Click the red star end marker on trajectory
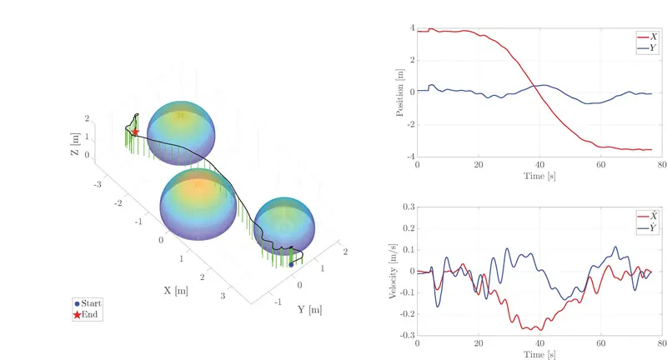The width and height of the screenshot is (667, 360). [135, 132]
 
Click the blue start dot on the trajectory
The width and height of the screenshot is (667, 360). [291, 264]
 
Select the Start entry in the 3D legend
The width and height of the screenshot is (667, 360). [92, 304]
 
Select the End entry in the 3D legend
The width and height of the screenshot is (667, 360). [90, 314]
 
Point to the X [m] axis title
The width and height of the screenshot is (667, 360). [176, 291]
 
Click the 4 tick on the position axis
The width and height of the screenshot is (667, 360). [411, 27]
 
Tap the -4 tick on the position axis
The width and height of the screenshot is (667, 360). [409, 156]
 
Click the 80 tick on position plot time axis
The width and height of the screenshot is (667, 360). [660, 165]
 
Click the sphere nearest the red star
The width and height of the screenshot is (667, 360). [180, 132]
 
